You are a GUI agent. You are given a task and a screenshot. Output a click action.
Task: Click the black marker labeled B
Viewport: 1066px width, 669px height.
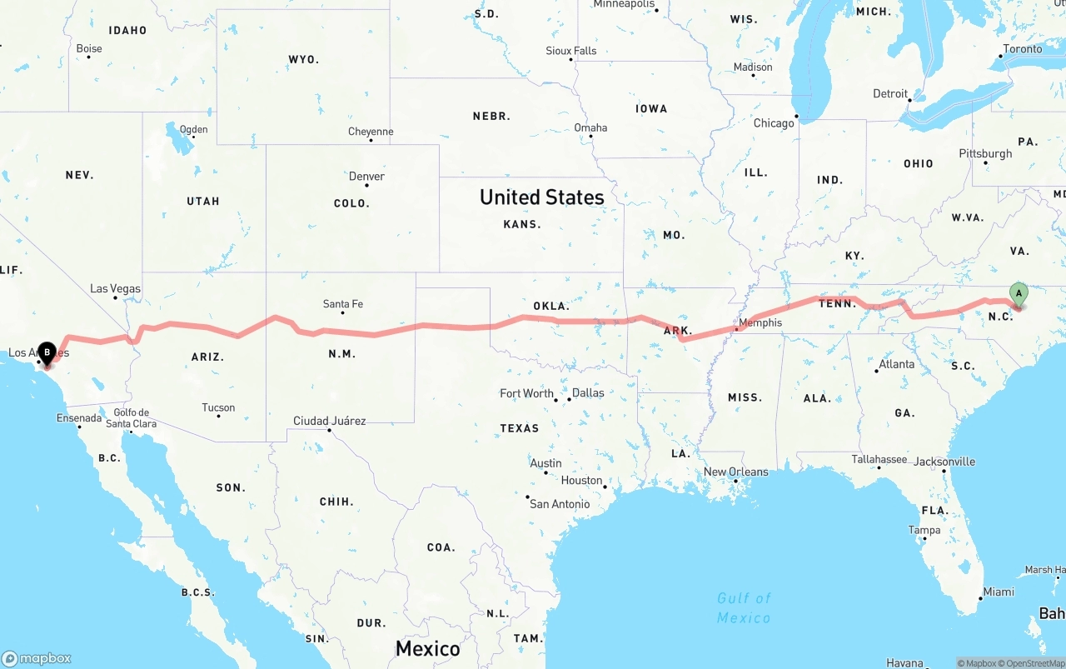[47, 353]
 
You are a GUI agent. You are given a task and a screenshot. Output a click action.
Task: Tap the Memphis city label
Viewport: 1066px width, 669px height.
[760, 322]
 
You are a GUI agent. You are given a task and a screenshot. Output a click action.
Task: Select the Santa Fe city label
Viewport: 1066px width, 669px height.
[342, 304]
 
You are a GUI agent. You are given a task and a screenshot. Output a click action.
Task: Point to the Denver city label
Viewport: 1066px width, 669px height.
[366, 177]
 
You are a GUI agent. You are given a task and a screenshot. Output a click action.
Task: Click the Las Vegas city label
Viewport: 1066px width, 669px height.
[115, 289]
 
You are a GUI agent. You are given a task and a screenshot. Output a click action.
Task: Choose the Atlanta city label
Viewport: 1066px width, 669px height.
[896, 364]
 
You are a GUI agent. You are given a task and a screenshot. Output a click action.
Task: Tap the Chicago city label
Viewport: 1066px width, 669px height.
[774, 123]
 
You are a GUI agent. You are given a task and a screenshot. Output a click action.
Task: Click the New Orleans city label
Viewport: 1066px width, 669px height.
[736, 472]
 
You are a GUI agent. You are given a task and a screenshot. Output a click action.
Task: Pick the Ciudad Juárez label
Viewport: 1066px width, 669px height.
[329, 421]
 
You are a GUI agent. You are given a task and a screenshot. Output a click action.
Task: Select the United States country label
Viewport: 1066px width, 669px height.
[541, 197]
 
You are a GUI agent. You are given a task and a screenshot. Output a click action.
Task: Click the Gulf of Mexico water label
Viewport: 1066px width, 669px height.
[744, 607]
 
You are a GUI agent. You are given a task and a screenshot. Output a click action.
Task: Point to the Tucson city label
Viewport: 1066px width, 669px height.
[218, 407]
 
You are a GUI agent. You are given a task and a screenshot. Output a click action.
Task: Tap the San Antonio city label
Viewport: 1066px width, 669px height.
[560, 504]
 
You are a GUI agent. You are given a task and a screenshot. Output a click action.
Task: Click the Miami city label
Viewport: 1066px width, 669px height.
[998, 592]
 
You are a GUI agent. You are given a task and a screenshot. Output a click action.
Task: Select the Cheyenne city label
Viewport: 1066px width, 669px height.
[371, 132]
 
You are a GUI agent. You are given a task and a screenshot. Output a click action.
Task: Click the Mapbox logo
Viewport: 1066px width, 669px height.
[37, 658]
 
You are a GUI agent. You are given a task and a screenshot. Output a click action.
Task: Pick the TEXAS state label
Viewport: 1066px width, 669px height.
[519, 428]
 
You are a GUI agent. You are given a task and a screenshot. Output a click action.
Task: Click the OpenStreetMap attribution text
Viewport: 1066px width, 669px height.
[1032, 663]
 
